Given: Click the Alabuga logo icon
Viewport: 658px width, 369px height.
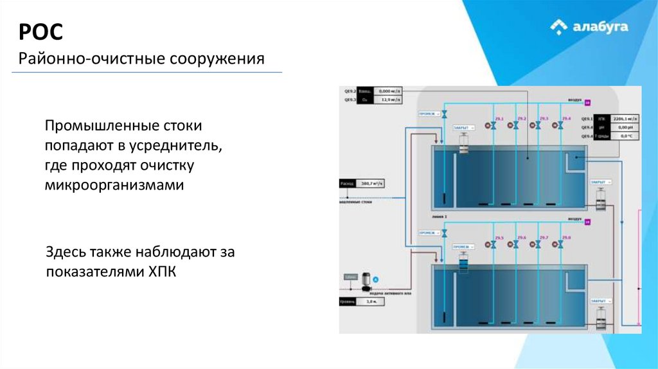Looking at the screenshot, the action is [x=559, y=26].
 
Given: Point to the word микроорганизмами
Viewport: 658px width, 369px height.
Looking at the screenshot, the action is [x=114, y=185].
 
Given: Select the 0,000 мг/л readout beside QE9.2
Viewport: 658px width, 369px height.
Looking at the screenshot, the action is [x=389, y=91].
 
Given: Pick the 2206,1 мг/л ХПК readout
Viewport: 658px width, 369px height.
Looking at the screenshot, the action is [x=624, y=119].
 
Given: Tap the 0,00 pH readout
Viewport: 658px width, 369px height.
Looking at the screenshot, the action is [x=624, y=127].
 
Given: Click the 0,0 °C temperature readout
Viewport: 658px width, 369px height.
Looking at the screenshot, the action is [x=624, y=136].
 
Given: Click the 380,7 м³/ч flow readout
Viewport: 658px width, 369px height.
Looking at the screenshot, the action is [x=371, y=183].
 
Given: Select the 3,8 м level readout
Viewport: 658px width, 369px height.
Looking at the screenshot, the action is [x=371, y=301].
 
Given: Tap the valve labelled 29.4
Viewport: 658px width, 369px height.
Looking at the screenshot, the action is [x=562, y=126].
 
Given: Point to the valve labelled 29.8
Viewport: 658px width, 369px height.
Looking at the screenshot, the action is [x=562, y=244].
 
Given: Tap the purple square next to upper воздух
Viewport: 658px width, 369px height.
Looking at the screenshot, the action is [x=587, y=101].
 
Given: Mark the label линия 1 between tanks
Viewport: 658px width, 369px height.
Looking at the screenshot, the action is [x=440, y=217].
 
